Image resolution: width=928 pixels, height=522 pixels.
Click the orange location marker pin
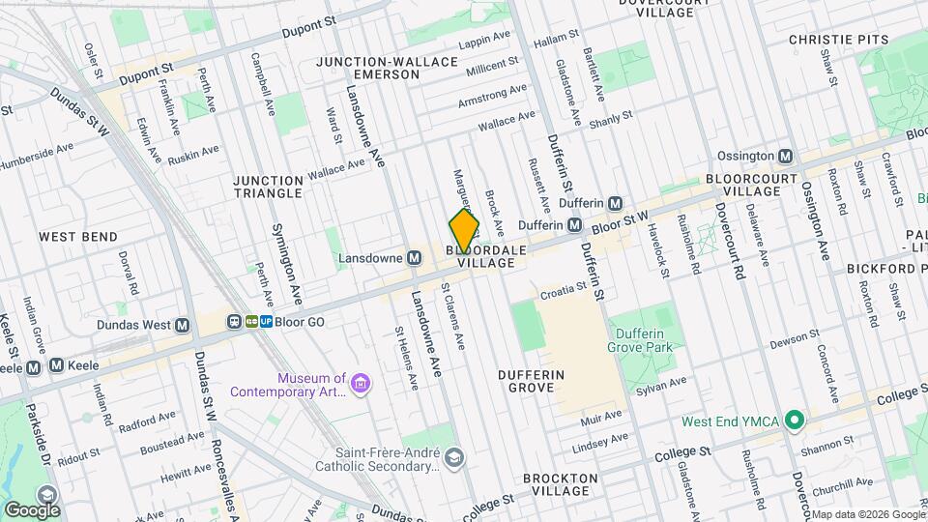464,231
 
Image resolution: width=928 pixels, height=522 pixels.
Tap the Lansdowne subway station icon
414,258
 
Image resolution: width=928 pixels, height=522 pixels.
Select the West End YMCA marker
795,420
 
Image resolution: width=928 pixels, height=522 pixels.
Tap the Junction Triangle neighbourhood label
268,187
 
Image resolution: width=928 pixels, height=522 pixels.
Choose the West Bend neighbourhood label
77,237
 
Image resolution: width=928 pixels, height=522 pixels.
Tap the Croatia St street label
563,288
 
